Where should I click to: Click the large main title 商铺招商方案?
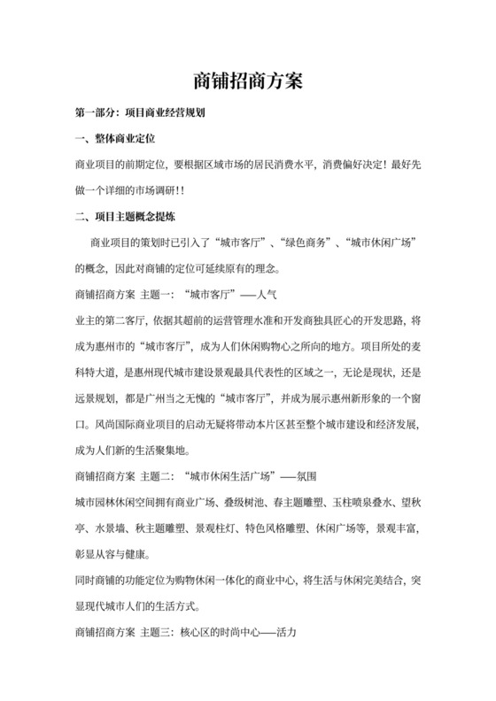tap(248, 81)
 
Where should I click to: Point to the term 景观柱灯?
tap(221, 527)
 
